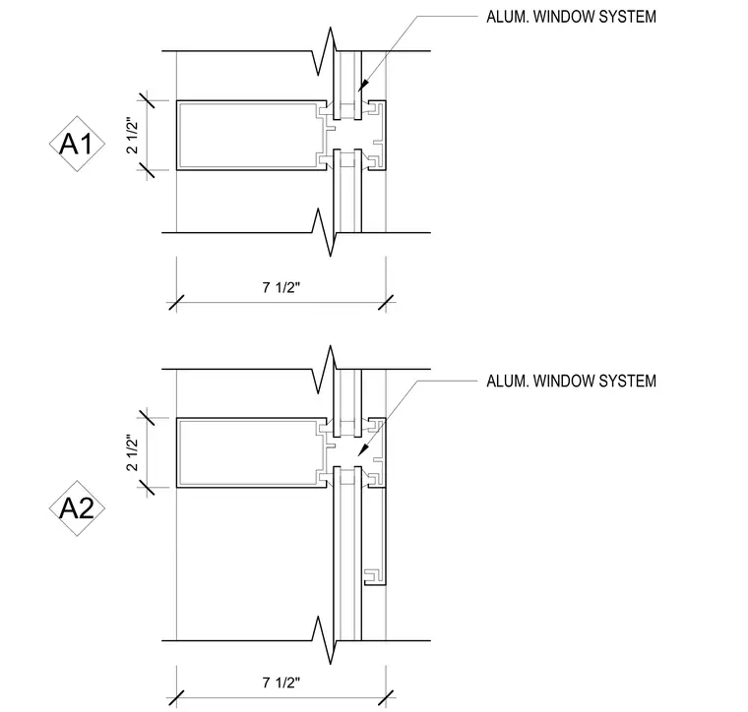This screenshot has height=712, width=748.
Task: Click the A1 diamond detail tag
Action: click(x=77, y=144)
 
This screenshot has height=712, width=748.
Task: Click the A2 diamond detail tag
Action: click(x=77, y=508)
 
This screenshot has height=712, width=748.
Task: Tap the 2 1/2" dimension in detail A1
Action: click(x=132, y=136)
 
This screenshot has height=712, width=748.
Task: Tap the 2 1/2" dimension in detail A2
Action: click(x=132, y=452)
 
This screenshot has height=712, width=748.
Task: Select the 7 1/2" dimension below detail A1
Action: click(x=281, y=287)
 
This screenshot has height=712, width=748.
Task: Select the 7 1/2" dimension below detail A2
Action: click(x=281, y=682)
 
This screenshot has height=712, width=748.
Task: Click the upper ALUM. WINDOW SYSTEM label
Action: click(x=571, y=17)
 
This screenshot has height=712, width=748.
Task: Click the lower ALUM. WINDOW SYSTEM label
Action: click(x=571, y=381)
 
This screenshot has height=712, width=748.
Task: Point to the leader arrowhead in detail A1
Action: click(x=363, y=85)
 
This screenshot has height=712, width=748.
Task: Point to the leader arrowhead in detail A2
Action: click(x=363, y=449)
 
